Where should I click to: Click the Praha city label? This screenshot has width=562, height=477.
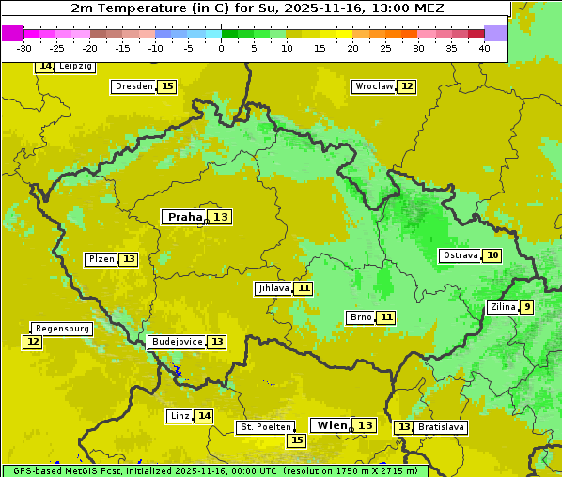184,217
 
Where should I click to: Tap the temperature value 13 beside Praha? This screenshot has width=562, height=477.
220,217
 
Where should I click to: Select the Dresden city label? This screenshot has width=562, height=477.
133,86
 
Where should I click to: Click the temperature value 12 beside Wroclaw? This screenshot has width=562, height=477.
406,86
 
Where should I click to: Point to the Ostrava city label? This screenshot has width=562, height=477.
460,255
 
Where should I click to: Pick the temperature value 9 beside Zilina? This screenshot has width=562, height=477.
527,307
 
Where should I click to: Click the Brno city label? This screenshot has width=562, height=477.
361,317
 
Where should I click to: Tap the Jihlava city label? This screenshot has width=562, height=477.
273,288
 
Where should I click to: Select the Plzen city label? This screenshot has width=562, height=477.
101,259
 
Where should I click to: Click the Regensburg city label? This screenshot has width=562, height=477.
62,329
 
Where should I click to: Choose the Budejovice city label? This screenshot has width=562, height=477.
176,342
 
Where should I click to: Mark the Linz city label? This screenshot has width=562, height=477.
180,416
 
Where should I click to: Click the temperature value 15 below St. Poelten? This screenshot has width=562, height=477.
297,439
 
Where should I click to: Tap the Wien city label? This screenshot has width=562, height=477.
332,425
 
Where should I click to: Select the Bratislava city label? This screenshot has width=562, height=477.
442,427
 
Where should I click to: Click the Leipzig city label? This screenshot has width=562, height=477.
75,67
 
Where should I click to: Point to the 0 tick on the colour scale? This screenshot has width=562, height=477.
221,48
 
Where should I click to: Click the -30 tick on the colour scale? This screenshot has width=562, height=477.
23,48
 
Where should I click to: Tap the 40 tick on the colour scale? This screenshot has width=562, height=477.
484,48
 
